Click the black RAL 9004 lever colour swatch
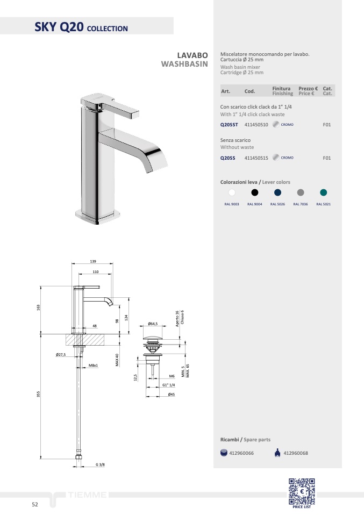click(255, 192)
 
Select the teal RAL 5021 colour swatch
click(324, 192)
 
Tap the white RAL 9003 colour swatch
click(232, 192)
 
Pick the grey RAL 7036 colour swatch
click(301, 192)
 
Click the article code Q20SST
click(229, 125)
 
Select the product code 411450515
click(256, 158)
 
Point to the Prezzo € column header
click(308, 88)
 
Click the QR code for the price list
click(302, 491)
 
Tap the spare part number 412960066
click(241, 453)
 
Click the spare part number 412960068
click(296, 453)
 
